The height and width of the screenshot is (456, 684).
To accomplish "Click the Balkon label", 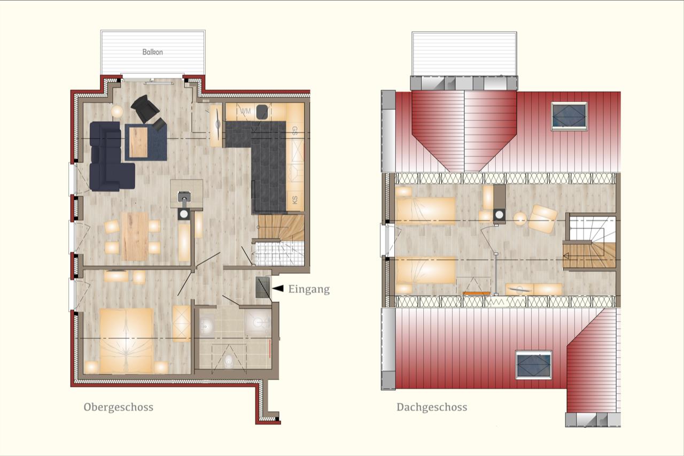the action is pos(152,52).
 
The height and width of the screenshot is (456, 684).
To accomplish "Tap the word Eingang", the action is pos(309,289).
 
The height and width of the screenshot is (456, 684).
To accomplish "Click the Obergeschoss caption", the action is pos(119,407).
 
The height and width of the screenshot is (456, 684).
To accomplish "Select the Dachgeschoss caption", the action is pos(432,407).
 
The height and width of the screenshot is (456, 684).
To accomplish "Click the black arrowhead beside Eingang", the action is pos(278,288).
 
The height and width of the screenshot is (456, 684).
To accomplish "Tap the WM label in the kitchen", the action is pos(246,111).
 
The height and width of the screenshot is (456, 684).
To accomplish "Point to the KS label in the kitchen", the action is pos(294,200).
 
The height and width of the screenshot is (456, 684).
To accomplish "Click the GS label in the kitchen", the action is pos(294,131).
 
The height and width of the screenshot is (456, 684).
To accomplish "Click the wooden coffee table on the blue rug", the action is pos(138,142).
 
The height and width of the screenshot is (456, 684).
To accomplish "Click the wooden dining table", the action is pos(135,236).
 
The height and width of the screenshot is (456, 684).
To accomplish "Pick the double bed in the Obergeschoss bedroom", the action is pos(126,341).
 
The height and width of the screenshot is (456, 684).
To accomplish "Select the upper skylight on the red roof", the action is pos(569,117).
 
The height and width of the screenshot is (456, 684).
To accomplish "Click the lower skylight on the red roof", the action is pos(533,365).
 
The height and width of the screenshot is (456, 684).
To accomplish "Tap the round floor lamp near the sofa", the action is pos(116,112).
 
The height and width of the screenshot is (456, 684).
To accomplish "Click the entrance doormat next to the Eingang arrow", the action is pos(263,287).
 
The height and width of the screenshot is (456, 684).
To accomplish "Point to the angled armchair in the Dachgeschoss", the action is pos(542,219).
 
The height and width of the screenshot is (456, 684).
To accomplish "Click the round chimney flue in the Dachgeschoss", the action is pos(499,215).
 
